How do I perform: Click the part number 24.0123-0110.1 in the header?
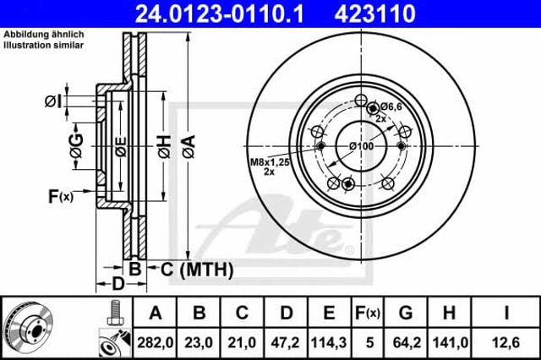point(220,14)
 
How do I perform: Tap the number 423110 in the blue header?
point(374,14)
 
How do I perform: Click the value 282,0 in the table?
point(156,343)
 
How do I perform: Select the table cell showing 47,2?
point(285,343)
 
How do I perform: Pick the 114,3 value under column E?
point(329,343)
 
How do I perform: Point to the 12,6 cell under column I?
point(505,343)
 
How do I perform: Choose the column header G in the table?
point(406,313)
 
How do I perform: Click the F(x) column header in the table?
point(368,313)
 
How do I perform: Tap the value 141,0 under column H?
point(450,343)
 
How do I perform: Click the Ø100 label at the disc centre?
point(361,146)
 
